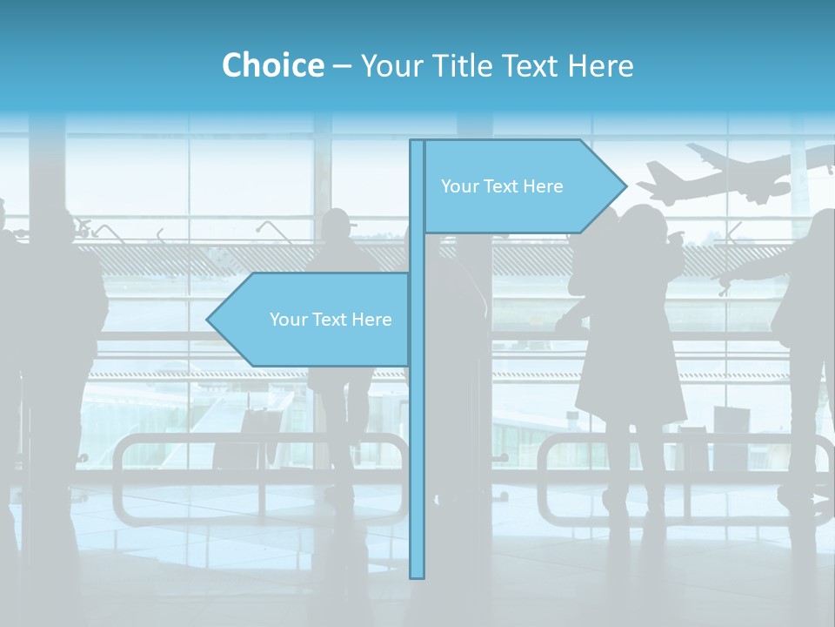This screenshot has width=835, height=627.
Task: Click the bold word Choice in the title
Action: pyautogui.click(x=272, y=65)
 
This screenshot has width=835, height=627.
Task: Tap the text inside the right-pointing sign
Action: pyautogui.click(x=502, y=186)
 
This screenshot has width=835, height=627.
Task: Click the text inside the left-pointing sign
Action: pyautogui.click(x=331, y=320)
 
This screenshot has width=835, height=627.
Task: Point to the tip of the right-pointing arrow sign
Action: pyautogui.click(x=625, y=185)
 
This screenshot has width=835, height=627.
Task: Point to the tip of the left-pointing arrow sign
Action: pyautogui.click(x=208, y=320)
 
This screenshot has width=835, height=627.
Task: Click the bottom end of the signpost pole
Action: pyautogui.click(x=417, y=575)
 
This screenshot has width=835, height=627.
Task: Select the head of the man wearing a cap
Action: pyautogui.click(x=336, y=225)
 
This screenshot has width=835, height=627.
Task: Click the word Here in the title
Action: pyautogui.click(x=600, y=65)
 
